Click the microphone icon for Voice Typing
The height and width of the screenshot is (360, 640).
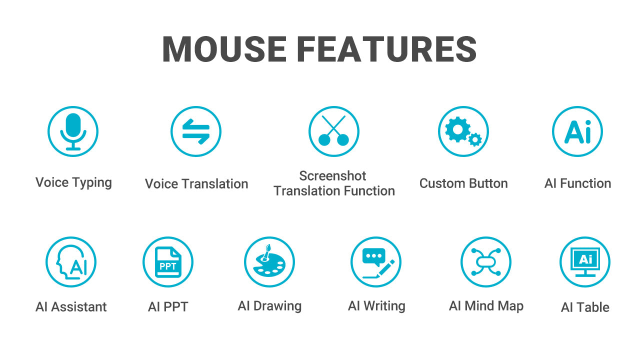[73, 131]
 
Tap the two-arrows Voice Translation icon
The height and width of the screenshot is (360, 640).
[196, 131]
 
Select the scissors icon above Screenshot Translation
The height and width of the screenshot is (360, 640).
[333, 131]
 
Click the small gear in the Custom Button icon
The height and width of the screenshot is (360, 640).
[475, 139]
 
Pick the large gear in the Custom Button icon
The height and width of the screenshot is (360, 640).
[457, 129]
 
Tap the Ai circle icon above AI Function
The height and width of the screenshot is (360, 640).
[577, 131]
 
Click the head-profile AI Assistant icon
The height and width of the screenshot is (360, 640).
[71, 262]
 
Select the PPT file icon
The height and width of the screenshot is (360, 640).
[168, 262]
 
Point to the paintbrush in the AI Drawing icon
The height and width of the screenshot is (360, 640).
[266, 252]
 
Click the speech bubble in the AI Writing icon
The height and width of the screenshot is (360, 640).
[373, 256]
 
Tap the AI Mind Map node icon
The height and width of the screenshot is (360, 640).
[486, 262]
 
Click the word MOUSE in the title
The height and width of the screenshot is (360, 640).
[224, 49]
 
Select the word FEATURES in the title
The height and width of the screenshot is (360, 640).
[387, 49]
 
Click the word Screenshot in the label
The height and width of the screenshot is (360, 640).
[332, 175]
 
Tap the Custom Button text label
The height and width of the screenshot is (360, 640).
[463, 183]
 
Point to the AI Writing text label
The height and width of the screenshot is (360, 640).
[376, 306]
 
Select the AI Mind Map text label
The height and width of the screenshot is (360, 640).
[486, 306]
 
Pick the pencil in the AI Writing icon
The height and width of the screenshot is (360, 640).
[385, 268]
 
